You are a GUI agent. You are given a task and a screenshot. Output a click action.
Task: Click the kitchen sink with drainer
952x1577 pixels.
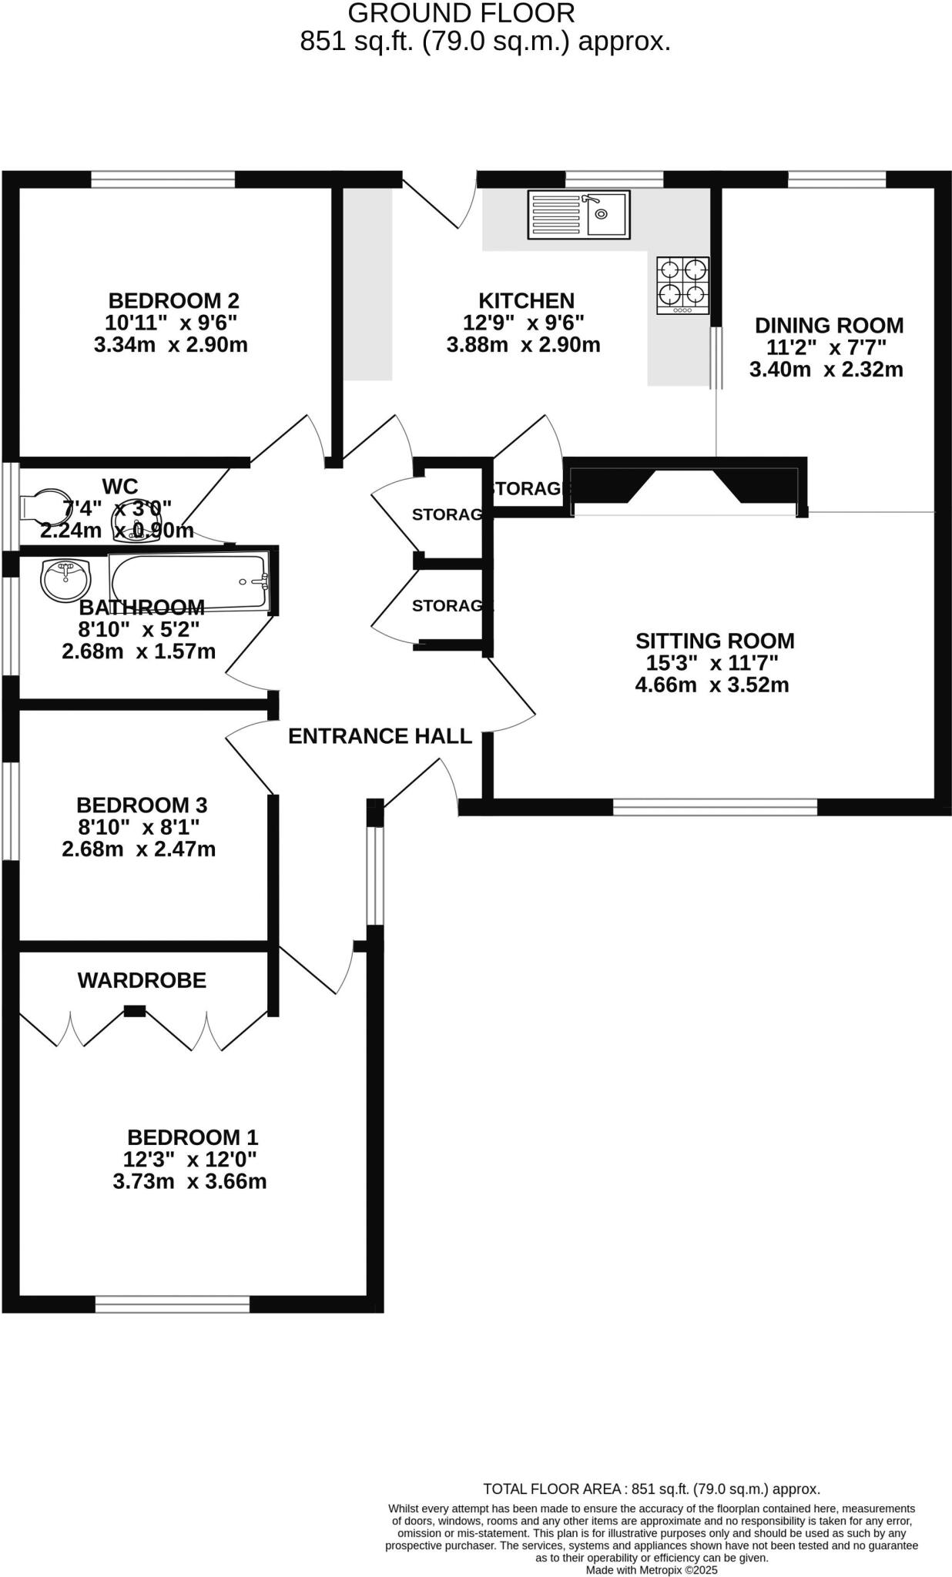click(578, 214)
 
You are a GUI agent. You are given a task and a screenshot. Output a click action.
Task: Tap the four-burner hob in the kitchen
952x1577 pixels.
click(682, 285)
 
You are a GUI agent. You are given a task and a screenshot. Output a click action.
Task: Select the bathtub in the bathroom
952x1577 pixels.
click(189, 583)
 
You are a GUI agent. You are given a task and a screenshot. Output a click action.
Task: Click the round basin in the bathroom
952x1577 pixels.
click(65, 580)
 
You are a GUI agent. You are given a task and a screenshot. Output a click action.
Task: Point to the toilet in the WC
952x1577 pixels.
click(43, 504)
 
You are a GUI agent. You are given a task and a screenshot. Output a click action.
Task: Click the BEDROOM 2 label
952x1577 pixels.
click(173, 300)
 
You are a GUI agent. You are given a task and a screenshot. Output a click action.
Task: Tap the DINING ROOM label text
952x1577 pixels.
click(829, 325)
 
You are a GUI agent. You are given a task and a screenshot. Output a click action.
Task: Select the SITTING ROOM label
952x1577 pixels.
click(715, 641)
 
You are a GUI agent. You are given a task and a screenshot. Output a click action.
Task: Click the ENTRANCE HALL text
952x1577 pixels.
click(380, 736)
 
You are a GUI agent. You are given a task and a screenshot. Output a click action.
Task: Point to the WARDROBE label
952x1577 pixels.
click(142, 980)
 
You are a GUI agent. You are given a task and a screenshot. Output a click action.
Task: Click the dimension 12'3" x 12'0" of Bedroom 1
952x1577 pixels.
click(189, 1159)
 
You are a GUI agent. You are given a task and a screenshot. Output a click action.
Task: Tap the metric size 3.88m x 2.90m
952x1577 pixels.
click(523, 344)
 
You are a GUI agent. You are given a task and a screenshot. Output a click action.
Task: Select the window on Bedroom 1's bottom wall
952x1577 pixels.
click(173, 1304)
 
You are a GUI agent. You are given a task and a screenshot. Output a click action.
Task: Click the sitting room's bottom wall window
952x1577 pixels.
click(715, 807)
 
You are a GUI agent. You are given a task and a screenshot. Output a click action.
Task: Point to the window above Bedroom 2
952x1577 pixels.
click(163, 179)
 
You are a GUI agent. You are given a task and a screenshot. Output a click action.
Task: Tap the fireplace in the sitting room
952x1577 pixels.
click(686, 485)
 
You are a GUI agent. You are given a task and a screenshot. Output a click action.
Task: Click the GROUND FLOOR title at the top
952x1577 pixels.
click(461, 13)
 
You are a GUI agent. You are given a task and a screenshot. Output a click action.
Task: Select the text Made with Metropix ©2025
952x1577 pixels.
click(652, 1570)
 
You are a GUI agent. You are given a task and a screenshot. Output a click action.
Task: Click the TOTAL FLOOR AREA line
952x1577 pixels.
click(652, 1489)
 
